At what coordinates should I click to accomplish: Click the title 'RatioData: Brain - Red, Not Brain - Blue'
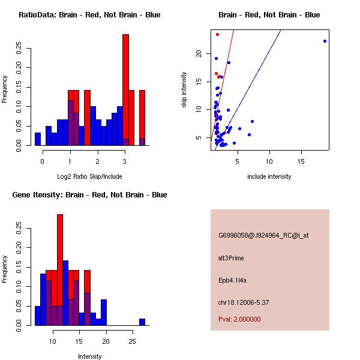pos(89,14)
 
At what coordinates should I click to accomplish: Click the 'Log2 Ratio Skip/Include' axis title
pos(89,176)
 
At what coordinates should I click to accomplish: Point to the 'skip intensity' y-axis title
pos(184,90)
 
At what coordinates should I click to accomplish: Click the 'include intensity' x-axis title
pos(269,176)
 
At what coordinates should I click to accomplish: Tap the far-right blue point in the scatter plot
pos(325,41)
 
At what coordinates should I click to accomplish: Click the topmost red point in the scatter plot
pos(217,34)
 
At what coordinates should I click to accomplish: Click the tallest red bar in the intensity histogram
pos(60,264)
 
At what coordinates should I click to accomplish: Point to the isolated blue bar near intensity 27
pos(142,322)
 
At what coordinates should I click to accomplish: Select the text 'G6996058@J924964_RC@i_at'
pos(263,235)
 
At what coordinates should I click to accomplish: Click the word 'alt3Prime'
pos(231,258)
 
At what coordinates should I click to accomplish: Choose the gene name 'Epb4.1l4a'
pos(232,280)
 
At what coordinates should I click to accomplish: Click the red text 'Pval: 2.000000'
pos(239,319)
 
